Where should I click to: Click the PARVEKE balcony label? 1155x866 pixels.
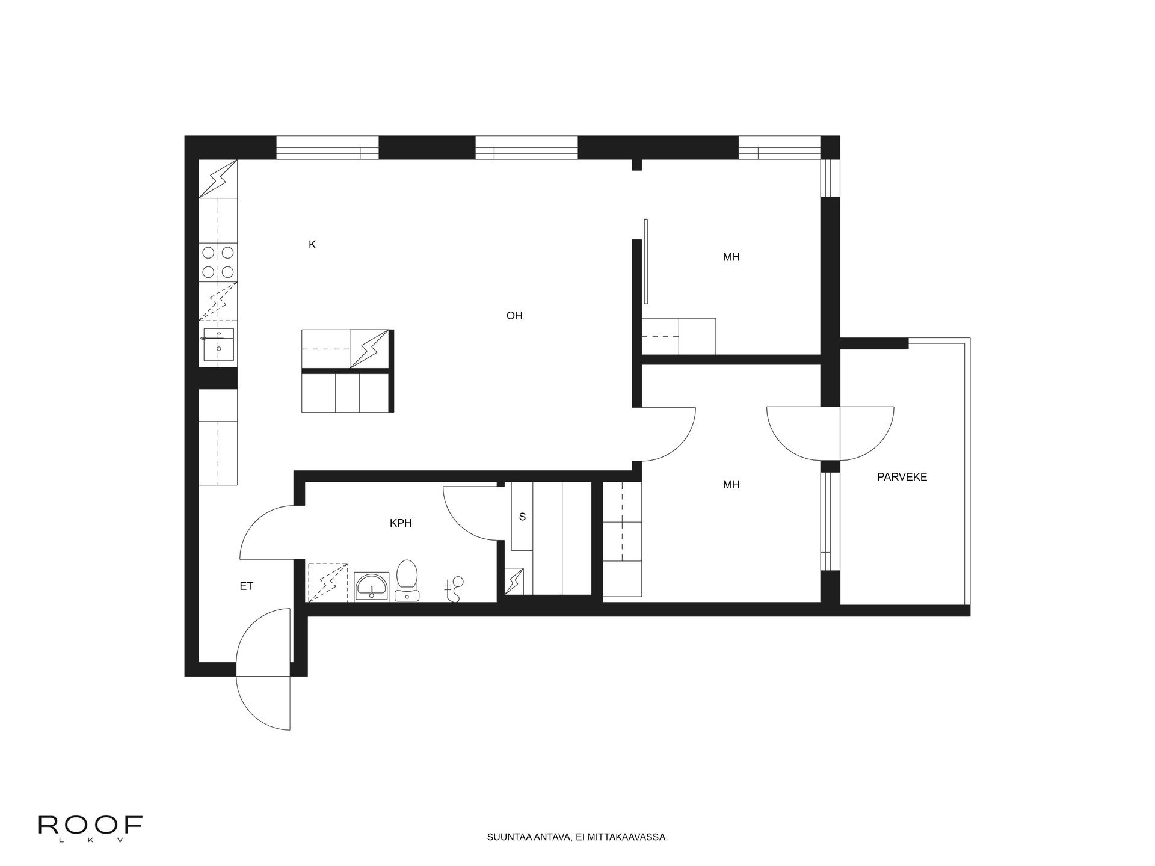(902, 477)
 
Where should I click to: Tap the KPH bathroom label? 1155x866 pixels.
(401, 523)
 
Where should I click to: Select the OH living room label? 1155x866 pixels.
(514, 315)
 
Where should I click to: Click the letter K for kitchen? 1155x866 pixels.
(312, 245)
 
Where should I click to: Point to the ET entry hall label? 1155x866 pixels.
(247, 586)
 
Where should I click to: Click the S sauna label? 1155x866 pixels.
(522, 517)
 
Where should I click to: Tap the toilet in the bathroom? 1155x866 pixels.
(407, 580)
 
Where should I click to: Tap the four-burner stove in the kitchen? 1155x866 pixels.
(218, 263)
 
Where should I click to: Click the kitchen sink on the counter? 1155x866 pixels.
(218, 345)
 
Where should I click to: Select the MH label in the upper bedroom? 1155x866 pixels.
(731, 257)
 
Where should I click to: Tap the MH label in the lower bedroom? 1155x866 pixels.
(731, 484)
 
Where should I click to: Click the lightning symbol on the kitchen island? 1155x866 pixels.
(369, 348)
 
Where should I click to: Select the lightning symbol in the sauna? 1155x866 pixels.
(515, 581)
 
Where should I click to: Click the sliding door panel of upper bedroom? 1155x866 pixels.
(645, 262)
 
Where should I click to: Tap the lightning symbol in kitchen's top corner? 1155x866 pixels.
(218, 179)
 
